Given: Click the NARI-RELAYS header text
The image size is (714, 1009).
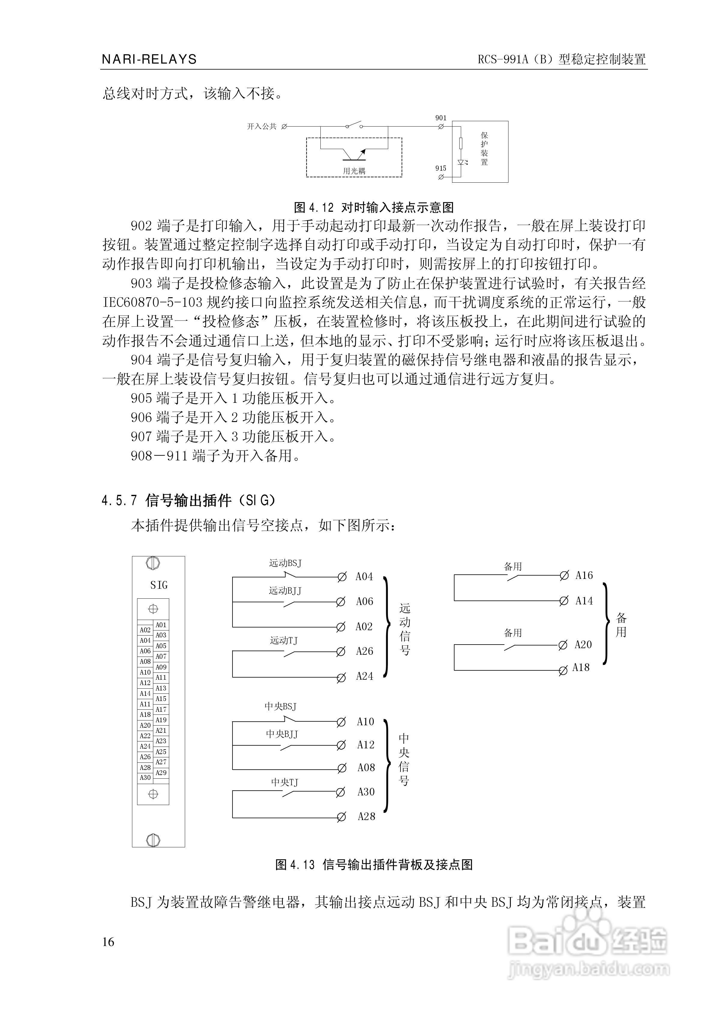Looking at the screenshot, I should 149,59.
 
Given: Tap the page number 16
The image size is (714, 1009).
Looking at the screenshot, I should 108,942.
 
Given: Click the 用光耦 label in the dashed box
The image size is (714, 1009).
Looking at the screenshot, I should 354,171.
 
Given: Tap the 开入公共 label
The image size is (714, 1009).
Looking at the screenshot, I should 262,127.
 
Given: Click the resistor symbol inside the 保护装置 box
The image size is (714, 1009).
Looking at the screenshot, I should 460,143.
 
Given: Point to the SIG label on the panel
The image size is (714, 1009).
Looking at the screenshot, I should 159,585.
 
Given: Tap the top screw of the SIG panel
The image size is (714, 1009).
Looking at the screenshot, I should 153,563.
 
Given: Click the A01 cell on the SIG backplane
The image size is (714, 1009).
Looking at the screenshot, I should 161,625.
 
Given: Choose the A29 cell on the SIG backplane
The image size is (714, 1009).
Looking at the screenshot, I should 161,773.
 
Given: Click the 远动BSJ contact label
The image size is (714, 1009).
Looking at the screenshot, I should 285,563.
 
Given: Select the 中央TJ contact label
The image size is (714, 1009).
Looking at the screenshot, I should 284,782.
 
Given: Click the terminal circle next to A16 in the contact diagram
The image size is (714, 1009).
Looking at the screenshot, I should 564,576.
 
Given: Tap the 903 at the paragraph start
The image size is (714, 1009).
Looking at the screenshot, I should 141,283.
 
